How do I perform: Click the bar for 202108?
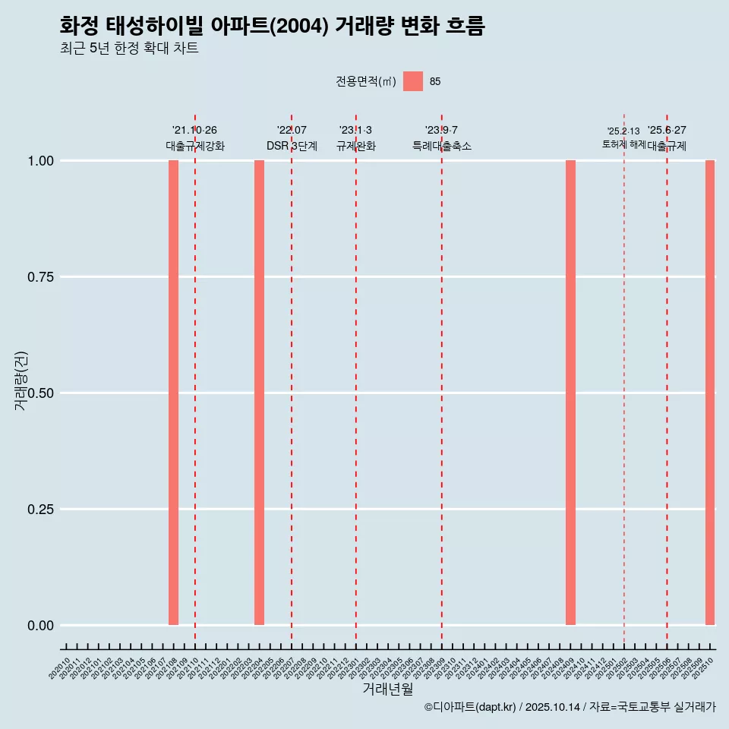coord(173,393)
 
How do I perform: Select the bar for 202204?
coord(259,393)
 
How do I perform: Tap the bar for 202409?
coord(570,393)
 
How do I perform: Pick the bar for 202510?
coord(710,393)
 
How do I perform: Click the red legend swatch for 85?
coord(412,81)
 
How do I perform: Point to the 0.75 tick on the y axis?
coord(39,277)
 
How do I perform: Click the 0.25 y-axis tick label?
coord(39,510)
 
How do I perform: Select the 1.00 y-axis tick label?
coord(39,161)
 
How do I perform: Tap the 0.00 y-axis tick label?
coord(39,626)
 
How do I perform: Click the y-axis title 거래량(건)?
coord(21,381)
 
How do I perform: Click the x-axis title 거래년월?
coord(387,690)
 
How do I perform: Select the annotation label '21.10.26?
coord(194,131)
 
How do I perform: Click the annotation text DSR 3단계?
coord(292,146)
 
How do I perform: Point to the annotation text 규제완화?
coord(355,146)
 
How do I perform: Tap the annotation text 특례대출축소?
coord(441,146)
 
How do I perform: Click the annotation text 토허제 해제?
coord(623,144)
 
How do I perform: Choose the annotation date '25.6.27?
coord(667,131)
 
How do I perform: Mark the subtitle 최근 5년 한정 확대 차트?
coord(129,49)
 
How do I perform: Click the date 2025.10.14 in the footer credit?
coord(552,708)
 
